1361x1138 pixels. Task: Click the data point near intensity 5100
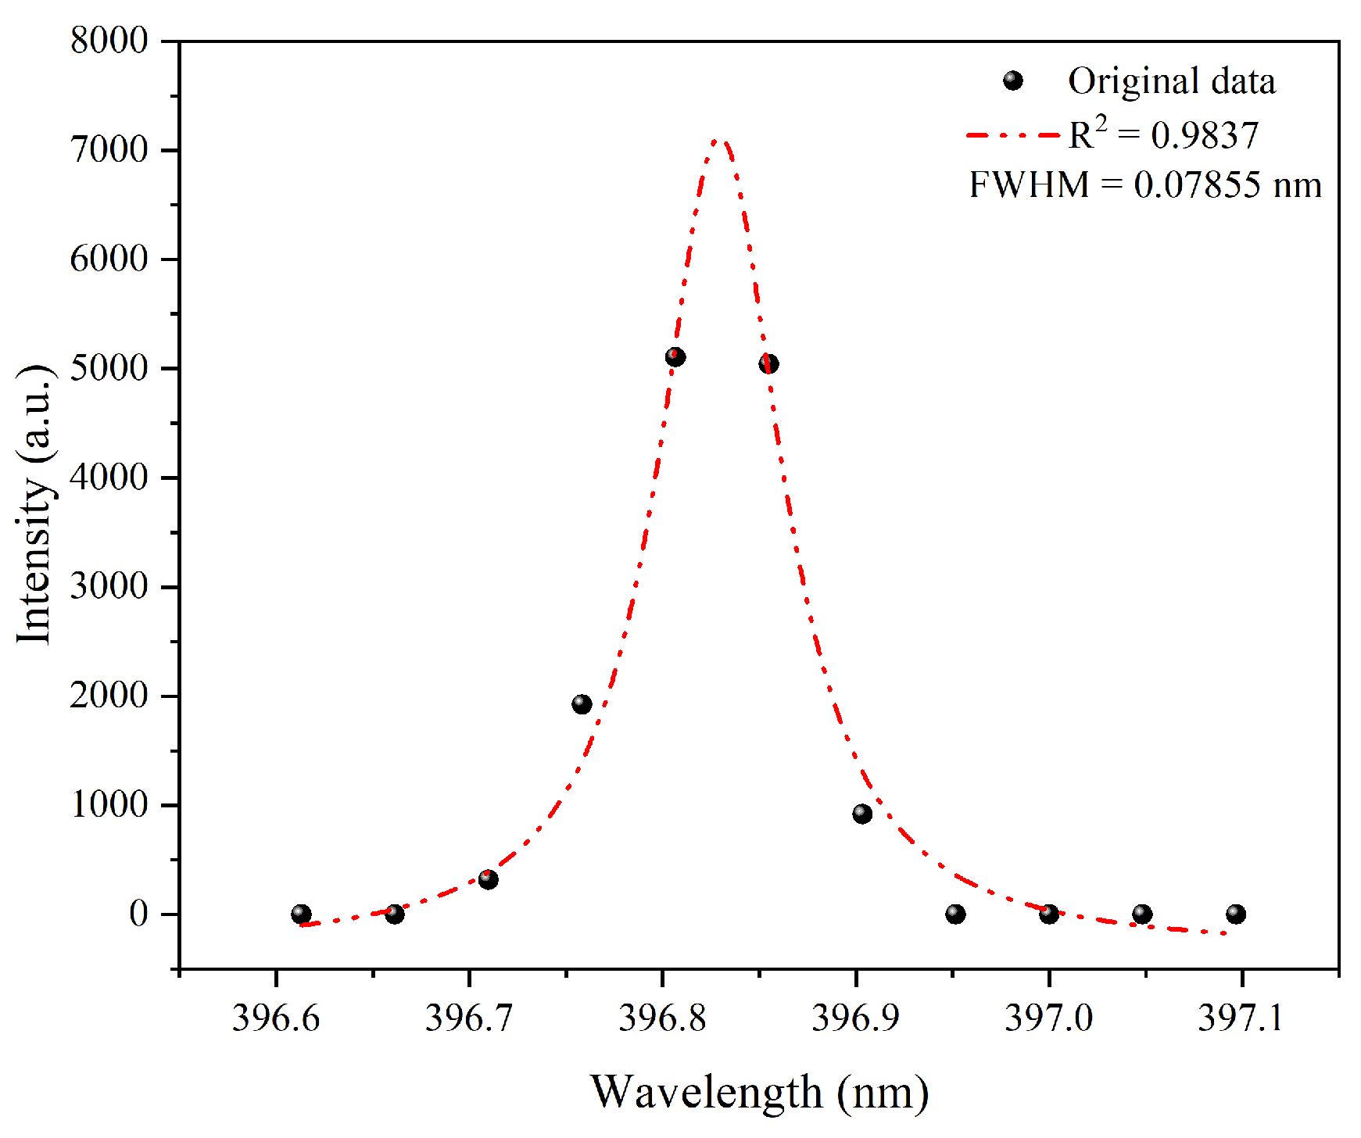point(675,357)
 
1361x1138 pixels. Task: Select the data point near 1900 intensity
point(582,704)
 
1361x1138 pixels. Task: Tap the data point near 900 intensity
point(862,814)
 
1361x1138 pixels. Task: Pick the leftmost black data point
point(301,914)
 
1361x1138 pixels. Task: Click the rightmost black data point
point(1236,914)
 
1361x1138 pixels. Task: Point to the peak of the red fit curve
point(720,141)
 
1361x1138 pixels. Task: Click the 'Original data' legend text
point(1171,81)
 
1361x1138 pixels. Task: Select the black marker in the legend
point(1012,81)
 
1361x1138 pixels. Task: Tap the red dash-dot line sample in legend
point(1012,135)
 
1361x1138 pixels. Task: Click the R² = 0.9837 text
point(1164,134)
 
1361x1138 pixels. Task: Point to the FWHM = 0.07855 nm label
point(1145,185)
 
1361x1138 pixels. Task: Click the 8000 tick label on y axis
point(109,41)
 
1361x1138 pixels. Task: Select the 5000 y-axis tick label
point(109,368)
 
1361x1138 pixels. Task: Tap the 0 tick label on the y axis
point(138,914)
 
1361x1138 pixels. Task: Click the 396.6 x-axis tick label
point(276,1018)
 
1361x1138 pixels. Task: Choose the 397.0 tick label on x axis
point(1048,1018)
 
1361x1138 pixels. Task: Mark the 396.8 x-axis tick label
point(662,1018)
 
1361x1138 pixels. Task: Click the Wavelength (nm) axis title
point(759,1092)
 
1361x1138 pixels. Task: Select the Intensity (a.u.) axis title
point(35,504)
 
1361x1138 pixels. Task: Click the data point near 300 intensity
point(488,879)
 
